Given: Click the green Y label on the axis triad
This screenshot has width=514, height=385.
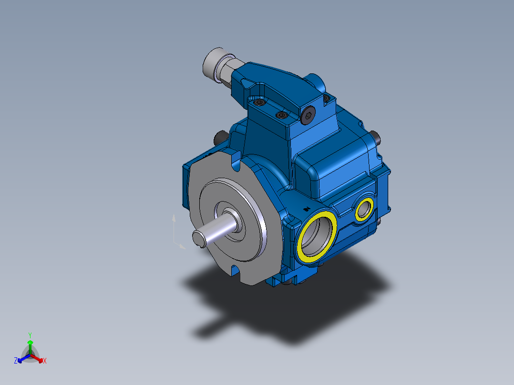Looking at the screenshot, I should pyautogui.click(x=30, y=335).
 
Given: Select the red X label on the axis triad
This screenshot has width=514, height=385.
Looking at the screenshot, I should pyautogui.click(x=45, y=361).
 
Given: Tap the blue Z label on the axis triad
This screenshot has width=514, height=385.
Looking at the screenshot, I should pyautogui.click(x=16, y=361).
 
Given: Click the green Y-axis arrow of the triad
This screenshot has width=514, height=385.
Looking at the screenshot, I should pyautogui.click(x=30, y=344).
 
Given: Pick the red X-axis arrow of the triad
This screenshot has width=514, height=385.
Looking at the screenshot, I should pyautogui.click(x=39, y=358).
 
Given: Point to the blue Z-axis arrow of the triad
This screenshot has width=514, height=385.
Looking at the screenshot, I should pyautogui.click(x=21, y=359).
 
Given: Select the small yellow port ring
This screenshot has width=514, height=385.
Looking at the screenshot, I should pyautogui.click(x=365, y=209).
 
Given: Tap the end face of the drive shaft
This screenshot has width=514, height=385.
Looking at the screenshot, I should pyautogui.click(x=199, y=238).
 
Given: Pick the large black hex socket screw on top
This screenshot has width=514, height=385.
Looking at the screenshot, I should pyautogui.click(x=308, y=115).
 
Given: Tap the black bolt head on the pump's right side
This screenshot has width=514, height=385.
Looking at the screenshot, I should pyautogui.click(x=377, y=138).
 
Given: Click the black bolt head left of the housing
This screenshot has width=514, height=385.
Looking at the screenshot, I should pyautogui.click(x=220, y=138).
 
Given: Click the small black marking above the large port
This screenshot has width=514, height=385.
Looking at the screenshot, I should pyautogui.click(x=307, y=208).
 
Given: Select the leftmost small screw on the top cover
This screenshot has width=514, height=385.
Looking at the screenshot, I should pyautogui.click(x=259, y=102).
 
